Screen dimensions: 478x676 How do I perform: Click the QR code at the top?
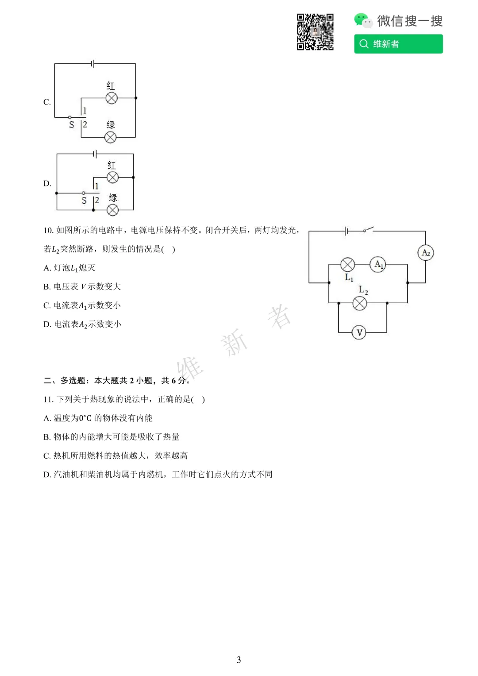point(315,32)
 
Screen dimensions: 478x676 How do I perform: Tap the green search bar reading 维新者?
point(398,44)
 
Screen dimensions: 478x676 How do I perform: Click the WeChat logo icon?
point(363,20)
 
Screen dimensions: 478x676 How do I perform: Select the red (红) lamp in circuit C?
point(112,98)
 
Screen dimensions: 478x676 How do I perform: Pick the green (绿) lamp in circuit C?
point(111,137)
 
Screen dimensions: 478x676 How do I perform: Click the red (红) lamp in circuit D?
point(113,177)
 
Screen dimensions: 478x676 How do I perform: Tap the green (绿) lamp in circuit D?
point(113,210)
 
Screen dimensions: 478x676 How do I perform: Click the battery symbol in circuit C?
point(93,64)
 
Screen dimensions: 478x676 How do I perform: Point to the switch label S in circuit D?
point(84,201)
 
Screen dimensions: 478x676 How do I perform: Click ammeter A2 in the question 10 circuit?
point(425,253)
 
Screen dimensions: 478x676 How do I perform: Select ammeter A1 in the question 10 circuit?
point(378,264)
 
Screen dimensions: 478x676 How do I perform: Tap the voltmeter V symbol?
point(359,332)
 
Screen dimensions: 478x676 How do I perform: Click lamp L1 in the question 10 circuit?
point(347,264)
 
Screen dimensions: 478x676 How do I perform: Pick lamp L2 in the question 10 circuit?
point(359,303)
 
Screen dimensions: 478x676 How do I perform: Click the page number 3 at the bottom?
point(239,660)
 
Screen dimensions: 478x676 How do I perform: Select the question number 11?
point(48,399)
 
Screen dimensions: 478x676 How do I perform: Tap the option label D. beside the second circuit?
point(47,183)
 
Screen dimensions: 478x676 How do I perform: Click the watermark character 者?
point(279,317)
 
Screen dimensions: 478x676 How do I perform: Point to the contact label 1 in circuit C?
point(85,110)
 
